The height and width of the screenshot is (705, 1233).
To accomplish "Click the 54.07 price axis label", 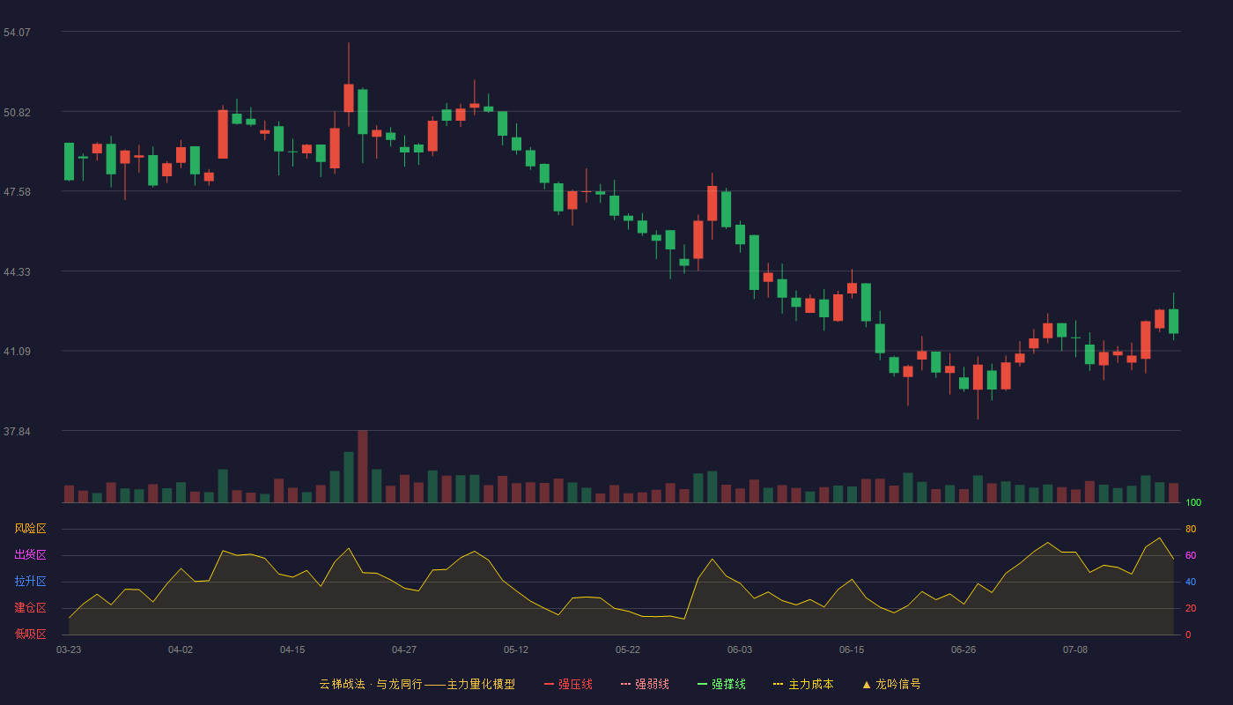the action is pos(17,33).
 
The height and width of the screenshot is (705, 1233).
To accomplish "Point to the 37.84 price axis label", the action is pos(17,431).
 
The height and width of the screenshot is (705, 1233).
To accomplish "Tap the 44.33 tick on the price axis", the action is pos(17,272).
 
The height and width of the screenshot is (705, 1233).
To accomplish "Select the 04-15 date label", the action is pos(292,650).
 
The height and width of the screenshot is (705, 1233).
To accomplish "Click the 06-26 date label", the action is pos(964,650).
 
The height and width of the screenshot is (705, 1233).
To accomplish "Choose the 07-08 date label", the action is pos(1075,650).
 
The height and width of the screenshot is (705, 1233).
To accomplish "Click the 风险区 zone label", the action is pos(30,528).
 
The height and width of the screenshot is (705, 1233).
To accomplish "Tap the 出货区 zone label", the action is pos(30,554).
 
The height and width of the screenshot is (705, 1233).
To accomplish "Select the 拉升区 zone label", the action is pos(30,581).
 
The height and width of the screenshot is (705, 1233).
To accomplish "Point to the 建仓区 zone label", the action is pos(30,607).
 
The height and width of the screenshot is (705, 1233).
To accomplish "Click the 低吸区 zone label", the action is pos(30,634).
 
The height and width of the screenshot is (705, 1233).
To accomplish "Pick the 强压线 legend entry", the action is pos(568,684).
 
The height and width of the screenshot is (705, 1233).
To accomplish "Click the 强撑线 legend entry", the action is pos(721,684).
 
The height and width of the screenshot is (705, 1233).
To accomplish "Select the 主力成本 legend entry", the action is pos(803,684).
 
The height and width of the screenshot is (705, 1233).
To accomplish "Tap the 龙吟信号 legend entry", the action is pos(891,684).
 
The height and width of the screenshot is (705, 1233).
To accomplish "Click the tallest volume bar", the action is pos(362,466).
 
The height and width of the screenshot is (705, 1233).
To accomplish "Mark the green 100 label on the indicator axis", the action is pos(1193,502).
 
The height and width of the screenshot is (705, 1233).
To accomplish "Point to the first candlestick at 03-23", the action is pos(69,161).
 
